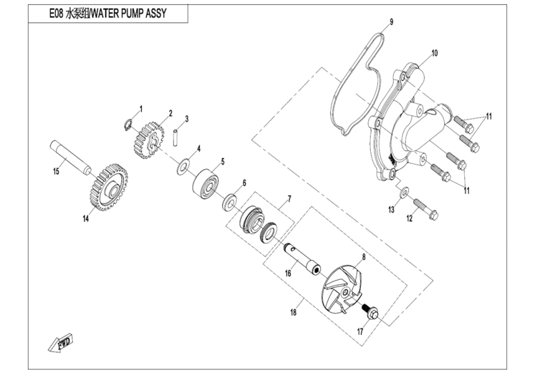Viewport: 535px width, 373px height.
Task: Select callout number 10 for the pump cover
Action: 434,53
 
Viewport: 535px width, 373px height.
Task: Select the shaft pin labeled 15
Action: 69,158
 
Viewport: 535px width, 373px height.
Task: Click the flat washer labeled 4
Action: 185,166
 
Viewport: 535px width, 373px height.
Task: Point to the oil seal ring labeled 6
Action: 229,202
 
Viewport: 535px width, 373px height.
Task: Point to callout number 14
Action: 86,219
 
